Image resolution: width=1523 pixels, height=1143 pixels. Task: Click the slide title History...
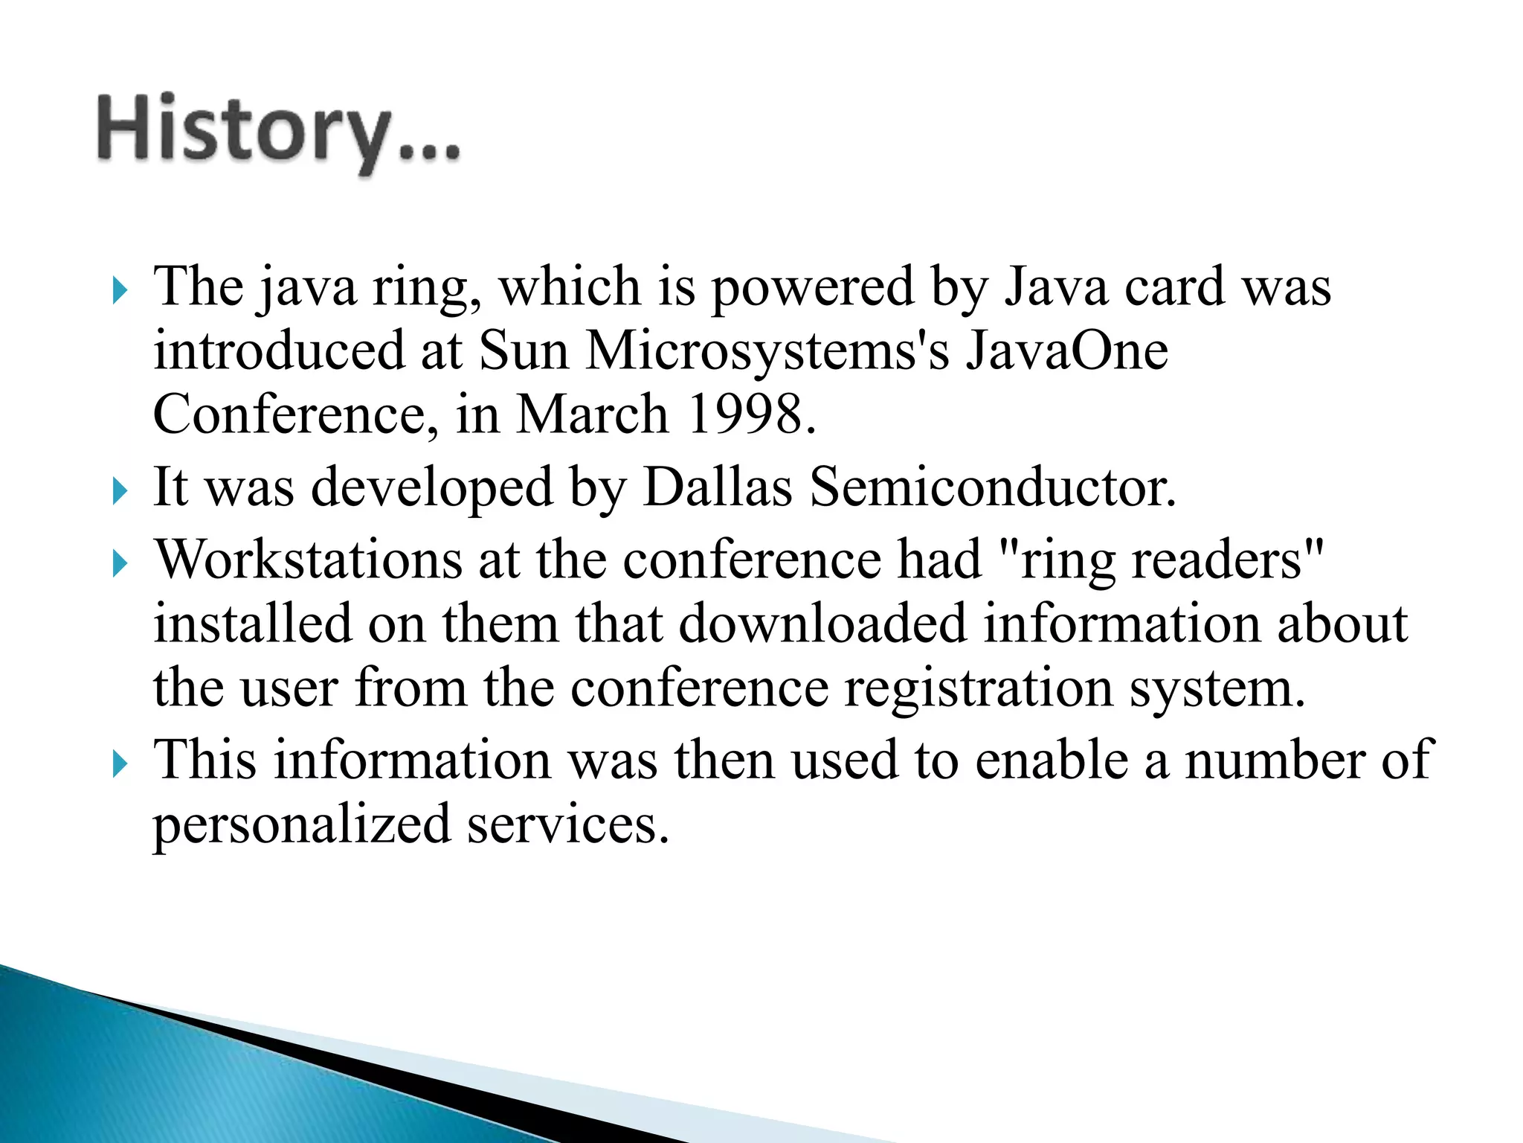point(278,131)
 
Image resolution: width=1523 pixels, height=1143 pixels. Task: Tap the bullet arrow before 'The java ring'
point(120,290)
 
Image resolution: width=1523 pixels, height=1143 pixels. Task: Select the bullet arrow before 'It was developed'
point(120,491)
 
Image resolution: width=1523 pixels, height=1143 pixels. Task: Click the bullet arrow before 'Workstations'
point(120,563)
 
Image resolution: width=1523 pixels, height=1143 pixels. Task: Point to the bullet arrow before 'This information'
point(120,764)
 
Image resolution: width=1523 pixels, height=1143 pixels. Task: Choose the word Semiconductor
point(992,487)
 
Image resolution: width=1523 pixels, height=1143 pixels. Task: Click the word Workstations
point(308,560)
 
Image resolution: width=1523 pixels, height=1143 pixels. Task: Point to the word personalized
point(302,826)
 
